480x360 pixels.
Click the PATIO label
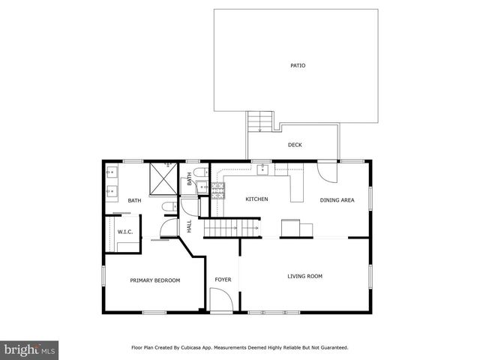298,65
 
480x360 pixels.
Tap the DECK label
295,145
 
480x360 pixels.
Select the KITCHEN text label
256,199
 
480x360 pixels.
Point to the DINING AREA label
335,199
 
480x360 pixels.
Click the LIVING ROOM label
304,276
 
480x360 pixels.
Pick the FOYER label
223,280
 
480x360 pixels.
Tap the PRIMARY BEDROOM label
154,280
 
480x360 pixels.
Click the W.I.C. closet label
124,232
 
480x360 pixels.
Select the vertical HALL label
189,225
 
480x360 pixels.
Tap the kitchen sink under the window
262,169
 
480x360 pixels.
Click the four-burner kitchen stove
218,189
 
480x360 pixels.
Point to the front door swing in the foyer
219,302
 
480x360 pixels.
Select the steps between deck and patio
259,121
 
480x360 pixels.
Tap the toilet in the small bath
200,175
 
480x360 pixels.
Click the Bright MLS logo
29,349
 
